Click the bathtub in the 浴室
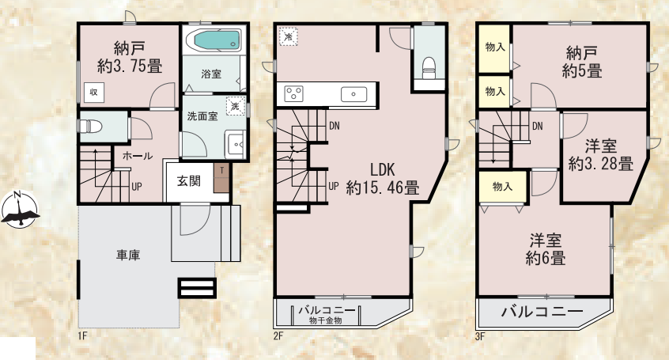(x=217, y=40)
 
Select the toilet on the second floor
(x=429, y=68)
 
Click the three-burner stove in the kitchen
(x=293, y=93)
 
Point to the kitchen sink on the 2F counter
(x=353, y=94)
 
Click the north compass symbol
(x=20, y=210)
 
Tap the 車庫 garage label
(x=128, y=256)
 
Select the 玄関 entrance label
(x=188, y=181)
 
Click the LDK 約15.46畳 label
(x=382, y=179)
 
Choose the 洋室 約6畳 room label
(x=546, y=249)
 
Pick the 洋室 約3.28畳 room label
(x=601, y=154)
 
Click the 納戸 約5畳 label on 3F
(x=582, y=62)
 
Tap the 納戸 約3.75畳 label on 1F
(x=129, y=57)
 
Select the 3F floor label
(x=480, y=336)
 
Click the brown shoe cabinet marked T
(x=221, y=178)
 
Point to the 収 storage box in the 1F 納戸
(x=93, y=92)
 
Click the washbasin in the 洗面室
(x=235, y=145)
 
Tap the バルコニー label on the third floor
(x=542, y=311)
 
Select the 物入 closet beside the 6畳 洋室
(x=503, y=186)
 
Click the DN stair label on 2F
(x=334, y=126)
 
